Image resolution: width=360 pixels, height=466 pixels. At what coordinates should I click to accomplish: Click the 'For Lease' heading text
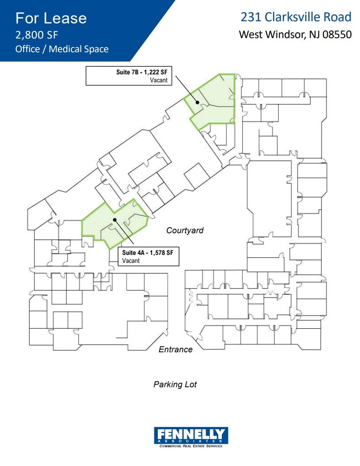(51, 18)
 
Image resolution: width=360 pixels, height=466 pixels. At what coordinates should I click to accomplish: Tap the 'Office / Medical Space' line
(62, 49)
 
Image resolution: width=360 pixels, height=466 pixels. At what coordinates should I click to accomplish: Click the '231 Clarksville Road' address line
(296, 17)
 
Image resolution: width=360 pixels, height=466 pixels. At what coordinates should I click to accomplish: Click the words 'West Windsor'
(270, 35)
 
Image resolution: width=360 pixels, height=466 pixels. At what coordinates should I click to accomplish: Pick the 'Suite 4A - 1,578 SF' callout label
(150, 253)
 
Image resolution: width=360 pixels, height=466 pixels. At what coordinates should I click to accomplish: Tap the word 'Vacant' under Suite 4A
(131, 261)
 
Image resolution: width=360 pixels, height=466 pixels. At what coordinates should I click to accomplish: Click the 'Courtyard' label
(185, 230)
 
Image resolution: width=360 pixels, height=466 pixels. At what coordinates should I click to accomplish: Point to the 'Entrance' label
(176, 350)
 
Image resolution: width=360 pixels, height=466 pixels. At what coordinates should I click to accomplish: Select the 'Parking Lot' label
(175, 385)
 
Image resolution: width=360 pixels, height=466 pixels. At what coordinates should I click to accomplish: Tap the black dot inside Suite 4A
(114, 220)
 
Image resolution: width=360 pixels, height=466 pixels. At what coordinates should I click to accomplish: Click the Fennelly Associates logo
(191, 436)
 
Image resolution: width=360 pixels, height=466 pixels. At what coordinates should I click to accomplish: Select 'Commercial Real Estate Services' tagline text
(191, 446)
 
